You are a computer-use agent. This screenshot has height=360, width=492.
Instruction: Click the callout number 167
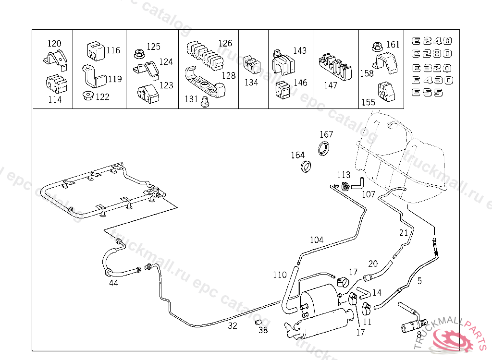[326, 134]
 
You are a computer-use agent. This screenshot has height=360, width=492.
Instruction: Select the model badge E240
[432, 41]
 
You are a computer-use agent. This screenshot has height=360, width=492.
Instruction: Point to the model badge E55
[427, 93]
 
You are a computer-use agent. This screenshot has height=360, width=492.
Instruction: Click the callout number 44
[113, 283]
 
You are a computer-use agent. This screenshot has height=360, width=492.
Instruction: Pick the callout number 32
[233, 326]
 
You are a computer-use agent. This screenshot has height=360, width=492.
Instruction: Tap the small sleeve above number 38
[258, 321]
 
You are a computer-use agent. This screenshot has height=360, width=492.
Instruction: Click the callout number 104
[316, 240]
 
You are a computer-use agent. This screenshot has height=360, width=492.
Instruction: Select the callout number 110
[280, 275]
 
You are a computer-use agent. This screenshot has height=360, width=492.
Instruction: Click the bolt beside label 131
[205, 101]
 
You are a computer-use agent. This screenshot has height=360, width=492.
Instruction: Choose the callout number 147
[331, 85]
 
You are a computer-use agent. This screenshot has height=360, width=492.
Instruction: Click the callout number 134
[251, 82]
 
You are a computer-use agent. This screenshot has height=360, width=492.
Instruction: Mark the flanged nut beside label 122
[88, 96]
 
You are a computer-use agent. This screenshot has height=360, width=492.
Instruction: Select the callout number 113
[344, 175]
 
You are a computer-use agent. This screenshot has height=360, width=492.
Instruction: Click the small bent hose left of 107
[357, 183]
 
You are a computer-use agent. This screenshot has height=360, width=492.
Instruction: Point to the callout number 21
[404, 233]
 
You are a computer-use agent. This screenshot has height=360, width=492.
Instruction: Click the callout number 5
[419, 281]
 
